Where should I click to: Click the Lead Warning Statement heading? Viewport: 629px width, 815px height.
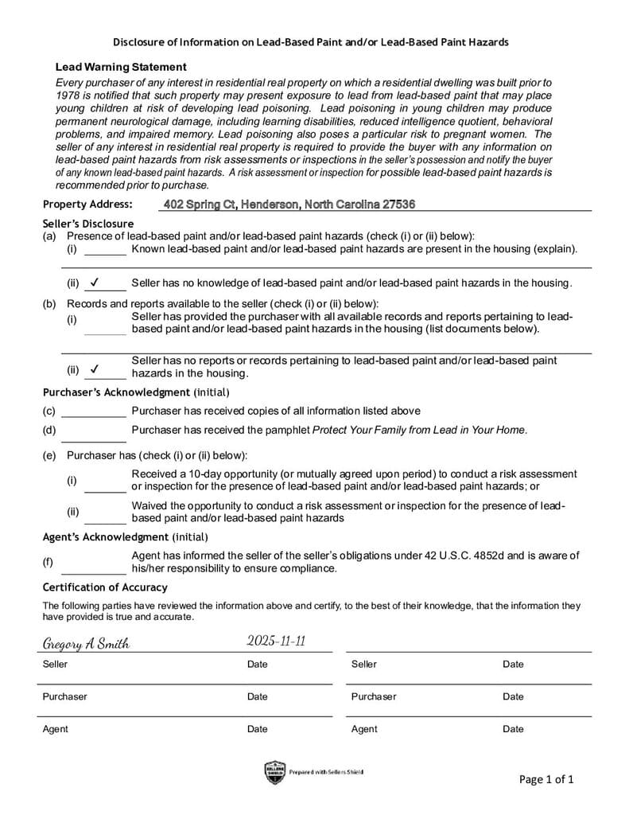121,68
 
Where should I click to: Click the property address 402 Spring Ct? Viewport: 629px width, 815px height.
289,205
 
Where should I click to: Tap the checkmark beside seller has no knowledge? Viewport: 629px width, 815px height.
95,282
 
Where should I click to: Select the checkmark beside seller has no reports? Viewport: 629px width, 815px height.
95,369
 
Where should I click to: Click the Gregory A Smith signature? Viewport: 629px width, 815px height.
86,644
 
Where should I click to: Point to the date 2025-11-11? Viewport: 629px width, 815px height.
276,641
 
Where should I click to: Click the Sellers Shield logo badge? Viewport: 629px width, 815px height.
274,772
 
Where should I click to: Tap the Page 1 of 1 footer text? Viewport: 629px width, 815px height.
546,779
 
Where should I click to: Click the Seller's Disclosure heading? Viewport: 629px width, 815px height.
87,224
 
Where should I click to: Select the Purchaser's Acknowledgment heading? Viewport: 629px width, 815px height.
135,392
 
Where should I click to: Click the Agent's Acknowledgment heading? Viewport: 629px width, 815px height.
125,537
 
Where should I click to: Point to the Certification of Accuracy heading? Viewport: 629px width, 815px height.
105,587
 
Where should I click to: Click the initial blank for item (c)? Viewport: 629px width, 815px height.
94,412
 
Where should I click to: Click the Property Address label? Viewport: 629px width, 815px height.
87,205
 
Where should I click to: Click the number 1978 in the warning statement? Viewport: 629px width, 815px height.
68,95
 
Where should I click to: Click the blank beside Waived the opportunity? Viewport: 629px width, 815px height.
105,518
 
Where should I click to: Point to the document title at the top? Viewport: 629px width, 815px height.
310,41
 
